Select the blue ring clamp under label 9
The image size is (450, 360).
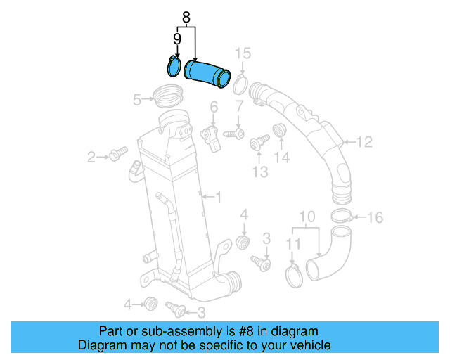[x=173, y=66]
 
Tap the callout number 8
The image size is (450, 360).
[x=186, y=16]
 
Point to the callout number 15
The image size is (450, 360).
[x=242, y=53]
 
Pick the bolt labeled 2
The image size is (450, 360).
[x=117, y=153]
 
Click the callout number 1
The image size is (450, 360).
[x=218, y=198]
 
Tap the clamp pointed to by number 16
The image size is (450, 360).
[x=341, y=216]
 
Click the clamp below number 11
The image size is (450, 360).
[x=295, y=273]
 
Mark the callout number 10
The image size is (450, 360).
[x=308, y=215]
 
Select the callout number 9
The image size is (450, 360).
[x=177, y=39]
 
